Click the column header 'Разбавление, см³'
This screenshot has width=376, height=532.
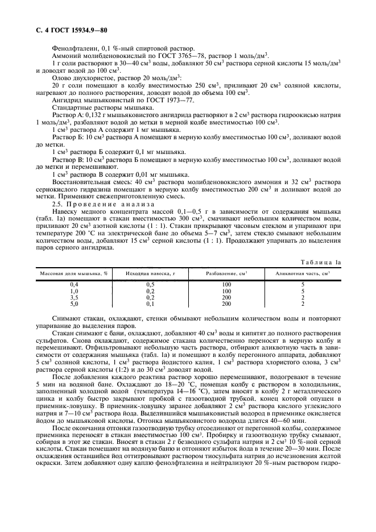226,274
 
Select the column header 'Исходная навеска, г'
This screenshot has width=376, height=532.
151,274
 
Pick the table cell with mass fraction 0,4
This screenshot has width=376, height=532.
74,284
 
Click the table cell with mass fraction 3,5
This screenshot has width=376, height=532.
74,297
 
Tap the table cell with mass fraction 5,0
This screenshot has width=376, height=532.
74,304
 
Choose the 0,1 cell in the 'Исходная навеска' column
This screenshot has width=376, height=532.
151,304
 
